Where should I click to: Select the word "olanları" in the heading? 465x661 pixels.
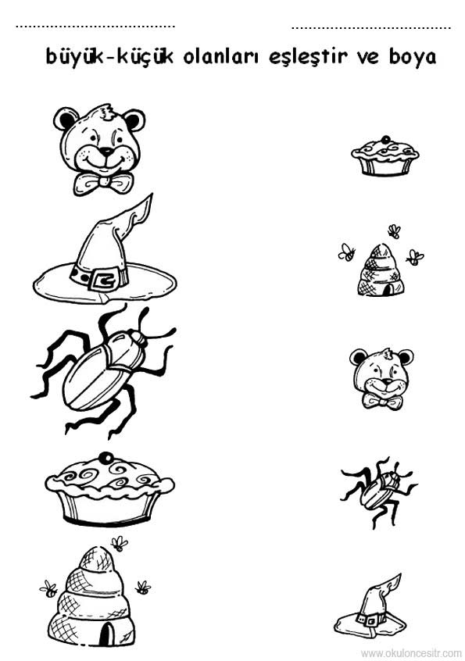[x=221, y=57]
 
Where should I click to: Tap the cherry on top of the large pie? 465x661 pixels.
[x=106, y=457]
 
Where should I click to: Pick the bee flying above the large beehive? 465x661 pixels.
[x=120, y=543]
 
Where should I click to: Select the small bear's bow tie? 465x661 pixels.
[x=381, y=402]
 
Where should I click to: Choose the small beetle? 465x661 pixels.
[x=377, y=491]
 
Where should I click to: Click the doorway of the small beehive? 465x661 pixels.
[x=388, y=290]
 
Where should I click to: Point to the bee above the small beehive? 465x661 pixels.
[x=394, y=230]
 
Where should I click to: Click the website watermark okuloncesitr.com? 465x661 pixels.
[x=411, y=653]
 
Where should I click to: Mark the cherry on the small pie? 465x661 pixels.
[x=385, y=139]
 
